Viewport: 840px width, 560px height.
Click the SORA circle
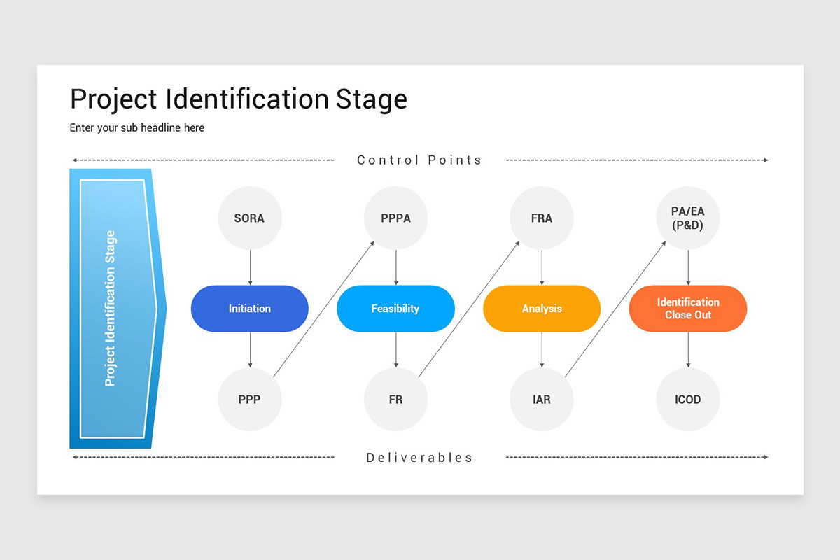point(250,218)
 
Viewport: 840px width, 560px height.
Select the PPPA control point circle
point(395,218)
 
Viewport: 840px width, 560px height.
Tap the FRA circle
point(541,218)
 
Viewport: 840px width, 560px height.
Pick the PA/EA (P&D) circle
point(687,218)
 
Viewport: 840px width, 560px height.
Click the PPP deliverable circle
point(250,400)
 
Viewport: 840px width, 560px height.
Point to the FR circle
point(395,400)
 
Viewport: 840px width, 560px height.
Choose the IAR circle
point(541,400)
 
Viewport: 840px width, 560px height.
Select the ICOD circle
point(687,400)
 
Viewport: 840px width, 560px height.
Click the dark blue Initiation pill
point(250,309)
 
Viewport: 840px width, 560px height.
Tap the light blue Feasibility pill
point(395,309)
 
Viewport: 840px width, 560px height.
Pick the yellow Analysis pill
point(542,309)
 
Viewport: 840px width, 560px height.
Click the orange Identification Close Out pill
point(687,309)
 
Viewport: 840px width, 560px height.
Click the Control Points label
point(419,160)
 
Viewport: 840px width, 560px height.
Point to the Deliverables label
point(419,458)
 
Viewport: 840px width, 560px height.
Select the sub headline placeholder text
point(137,128)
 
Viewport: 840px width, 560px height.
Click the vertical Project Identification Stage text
point(111,309)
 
